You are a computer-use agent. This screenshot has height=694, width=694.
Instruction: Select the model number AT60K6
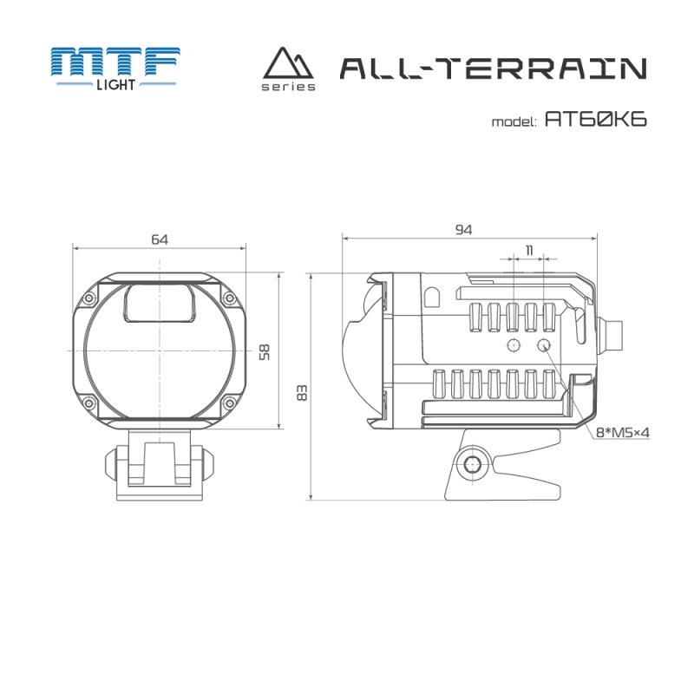596,120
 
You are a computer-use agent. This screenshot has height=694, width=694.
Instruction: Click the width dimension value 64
159,239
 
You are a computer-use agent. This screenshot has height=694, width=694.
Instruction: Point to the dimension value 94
463,229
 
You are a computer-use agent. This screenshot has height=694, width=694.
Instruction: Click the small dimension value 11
528,250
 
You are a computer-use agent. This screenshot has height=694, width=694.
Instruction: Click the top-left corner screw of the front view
89,298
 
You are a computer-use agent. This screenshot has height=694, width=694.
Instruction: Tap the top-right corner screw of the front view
229,298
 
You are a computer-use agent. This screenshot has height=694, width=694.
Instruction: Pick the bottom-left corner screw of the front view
89,403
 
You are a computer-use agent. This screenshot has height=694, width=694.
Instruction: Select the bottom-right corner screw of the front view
229,403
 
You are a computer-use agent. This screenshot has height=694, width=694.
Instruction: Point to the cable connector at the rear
613,333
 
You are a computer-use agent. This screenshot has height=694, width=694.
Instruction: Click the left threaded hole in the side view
514,346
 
